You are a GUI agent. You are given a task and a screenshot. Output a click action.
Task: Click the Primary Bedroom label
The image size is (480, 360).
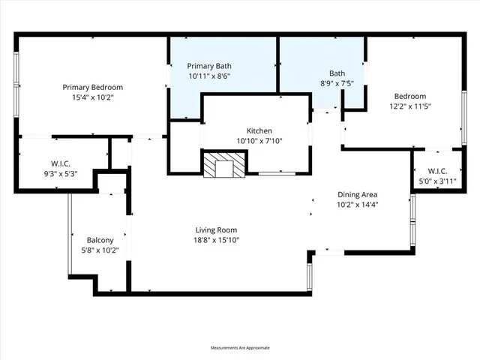click(x=92, y=87)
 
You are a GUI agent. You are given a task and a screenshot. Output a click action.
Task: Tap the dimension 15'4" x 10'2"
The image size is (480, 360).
click(x=92, y=97)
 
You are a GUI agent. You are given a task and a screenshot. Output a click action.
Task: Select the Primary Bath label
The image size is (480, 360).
click(x=209, y=66)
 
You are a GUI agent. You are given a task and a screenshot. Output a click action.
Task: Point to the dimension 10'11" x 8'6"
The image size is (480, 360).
click(x=209, y=76)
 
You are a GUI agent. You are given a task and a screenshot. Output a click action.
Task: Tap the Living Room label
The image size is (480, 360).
click(x=217, y=229)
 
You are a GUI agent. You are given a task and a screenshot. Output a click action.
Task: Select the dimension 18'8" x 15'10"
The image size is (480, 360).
click(x=217, y=240)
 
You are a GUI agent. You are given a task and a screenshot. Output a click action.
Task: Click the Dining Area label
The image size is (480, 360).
click(x=356, y=194)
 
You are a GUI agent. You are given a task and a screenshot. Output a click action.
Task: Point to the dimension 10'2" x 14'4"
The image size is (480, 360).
click(x=356, y=204)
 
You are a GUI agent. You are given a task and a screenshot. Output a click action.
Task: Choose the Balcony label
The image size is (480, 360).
click(x=100, y=240)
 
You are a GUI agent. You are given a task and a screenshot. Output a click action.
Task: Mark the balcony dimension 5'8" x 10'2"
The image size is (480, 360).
click(x=100, y=250)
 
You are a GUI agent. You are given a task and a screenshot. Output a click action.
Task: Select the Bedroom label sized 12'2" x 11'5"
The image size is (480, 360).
click(x=410, y=96)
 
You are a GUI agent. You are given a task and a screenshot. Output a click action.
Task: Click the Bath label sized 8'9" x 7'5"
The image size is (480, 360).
click(x=337, y=73)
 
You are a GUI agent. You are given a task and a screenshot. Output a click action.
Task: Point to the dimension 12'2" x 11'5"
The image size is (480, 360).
click(x=410, y=106)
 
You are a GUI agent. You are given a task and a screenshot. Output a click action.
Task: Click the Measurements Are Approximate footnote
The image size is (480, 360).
click(x=239, y=348)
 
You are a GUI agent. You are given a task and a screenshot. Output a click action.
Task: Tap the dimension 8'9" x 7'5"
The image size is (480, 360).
click(x=337, y=83)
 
